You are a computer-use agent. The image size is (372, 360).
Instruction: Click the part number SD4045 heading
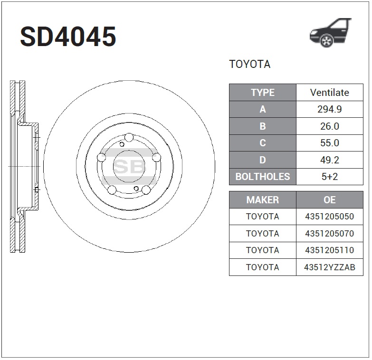coord(68,36)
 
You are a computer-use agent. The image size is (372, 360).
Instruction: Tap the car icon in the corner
coord(331,32)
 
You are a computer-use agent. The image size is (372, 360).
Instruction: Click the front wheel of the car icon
coord(326,40)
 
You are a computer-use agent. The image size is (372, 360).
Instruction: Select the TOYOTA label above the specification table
coord(249,64)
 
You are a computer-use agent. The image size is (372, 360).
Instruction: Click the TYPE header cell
coord(263,93)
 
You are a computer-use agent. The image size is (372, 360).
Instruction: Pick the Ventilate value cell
coord(330,93)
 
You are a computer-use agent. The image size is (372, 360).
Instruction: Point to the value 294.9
coord(330,109)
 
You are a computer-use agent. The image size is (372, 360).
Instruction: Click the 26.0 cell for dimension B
coord(330,126)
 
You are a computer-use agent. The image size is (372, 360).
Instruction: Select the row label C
coord(263,143)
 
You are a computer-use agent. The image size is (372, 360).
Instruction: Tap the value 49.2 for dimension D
coord(330,160)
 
